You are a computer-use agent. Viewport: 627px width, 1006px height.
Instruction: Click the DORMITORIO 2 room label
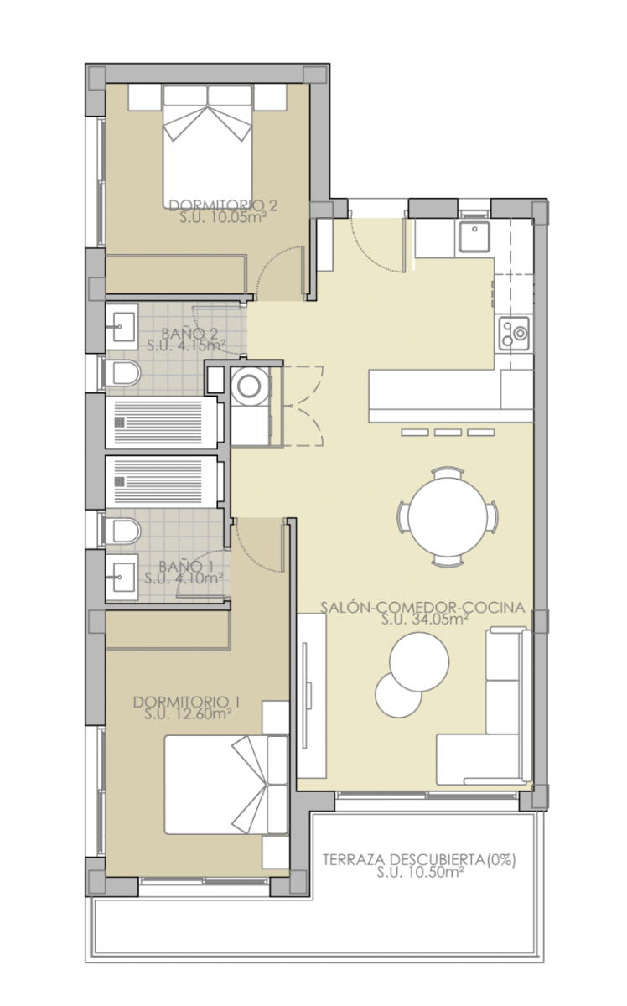pyautogui.click(x=223, y=205)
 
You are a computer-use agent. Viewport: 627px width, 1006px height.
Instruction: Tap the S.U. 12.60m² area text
pyautogui.click(x=188, y=713)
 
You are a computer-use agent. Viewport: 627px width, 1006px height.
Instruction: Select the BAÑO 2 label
pyautogui.click(x=189, y=334)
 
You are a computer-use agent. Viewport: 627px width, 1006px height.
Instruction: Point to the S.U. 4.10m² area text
pyautogui.click(x=184, y=578)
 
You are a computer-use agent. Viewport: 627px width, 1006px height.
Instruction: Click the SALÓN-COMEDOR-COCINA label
pyautogui.click(x=422, y=608)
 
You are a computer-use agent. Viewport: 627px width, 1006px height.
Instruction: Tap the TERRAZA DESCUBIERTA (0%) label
pyautogui.click(x=419, y=860)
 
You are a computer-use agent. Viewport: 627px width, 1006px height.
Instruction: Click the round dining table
pyautogui.click(x=448, y=517)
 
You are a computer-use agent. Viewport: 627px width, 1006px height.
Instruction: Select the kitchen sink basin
pyautogui.click(x=474, y=236)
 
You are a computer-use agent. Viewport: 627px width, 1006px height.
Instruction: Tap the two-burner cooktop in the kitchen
pyautogui.click(x=514, y=333)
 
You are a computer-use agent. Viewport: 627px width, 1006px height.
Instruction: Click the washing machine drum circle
pyautogui.click(x=249, y=386)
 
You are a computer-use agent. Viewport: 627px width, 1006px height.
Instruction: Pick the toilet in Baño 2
pyautogui.click(x=122, y=373)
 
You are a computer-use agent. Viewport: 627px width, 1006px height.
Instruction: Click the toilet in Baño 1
pyautogui.click(x=122, y=532)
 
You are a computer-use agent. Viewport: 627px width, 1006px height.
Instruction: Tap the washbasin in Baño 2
pyautogui.click(x=122, y=327)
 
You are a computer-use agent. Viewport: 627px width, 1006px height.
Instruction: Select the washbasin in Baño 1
pyautogui.click(x=122, y=577)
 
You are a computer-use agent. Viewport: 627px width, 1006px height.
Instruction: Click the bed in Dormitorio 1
pyautogui.click(x=226, y=785)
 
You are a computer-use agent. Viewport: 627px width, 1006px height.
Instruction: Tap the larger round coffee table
pyautogui.click(x=419, y=661)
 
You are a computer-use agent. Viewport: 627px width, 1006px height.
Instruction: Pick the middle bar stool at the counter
pyautogui.click(x=448, y=433)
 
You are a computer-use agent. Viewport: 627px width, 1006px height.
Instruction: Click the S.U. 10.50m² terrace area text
pyautogui.click(x=420, y=873)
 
